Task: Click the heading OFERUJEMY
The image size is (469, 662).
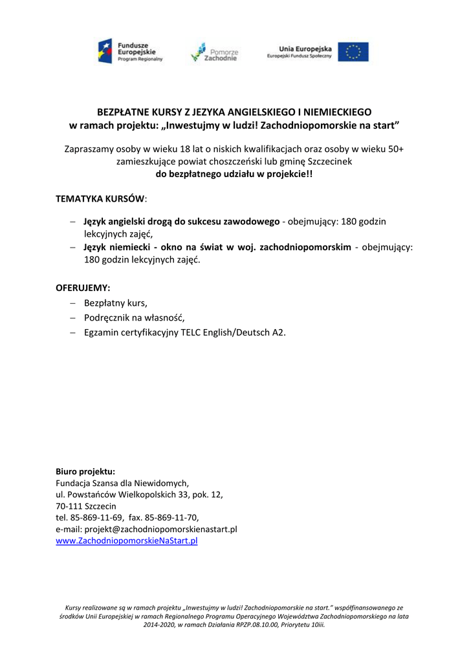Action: pos(83,287)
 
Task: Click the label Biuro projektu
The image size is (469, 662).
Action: pos(85,471)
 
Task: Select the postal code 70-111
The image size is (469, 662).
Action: pos(68,506)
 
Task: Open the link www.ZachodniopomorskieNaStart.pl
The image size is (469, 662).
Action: pos(127,540)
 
